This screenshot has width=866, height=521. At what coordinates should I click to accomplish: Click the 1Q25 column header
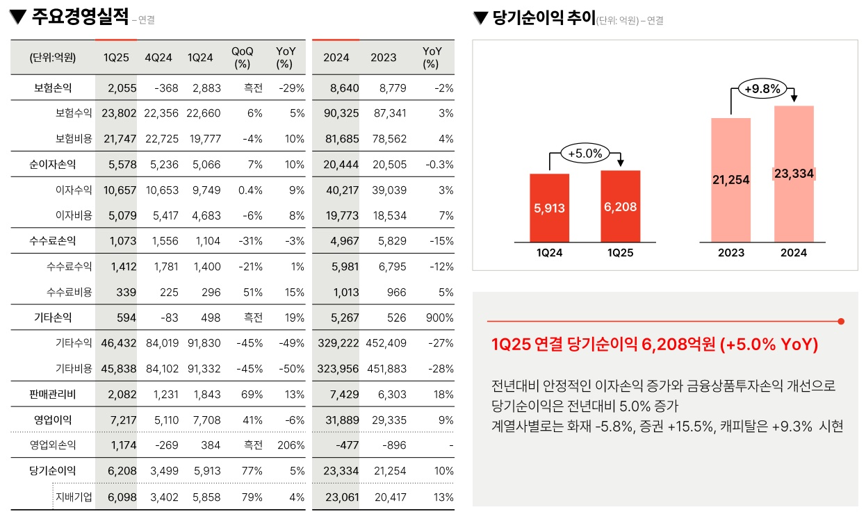116,58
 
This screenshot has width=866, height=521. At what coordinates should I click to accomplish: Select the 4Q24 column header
158,58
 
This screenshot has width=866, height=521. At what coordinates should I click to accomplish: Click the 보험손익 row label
53,88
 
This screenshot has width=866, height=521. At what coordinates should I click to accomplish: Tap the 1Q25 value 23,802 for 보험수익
119,113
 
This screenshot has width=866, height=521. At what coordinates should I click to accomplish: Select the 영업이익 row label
53,420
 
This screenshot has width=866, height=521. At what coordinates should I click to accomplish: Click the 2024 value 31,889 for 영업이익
341,420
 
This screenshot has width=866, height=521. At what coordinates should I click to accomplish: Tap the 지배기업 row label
74,497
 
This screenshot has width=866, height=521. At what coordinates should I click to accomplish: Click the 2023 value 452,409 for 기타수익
389,343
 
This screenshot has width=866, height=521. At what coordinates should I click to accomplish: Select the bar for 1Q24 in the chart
549,208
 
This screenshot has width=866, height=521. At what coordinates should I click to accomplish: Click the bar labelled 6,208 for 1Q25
620,206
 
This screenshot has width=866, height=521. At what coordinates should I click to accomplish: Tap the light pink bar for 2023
730,180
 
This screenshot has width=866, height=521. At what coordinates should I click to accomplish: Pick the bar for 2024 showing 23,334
794,174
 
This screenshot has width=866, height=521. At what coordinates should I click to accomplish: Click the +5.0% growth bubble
585,153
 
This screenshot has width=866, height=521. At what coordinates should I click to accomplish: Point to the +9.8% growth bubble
762,89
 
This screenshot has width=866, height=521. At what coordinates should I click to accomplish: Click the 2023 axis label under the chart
730,253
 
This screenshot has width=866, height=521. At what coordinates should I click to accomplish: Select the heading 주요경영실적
80,17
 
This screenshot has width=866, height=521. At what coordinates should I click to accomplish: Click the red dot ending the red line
841,322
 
